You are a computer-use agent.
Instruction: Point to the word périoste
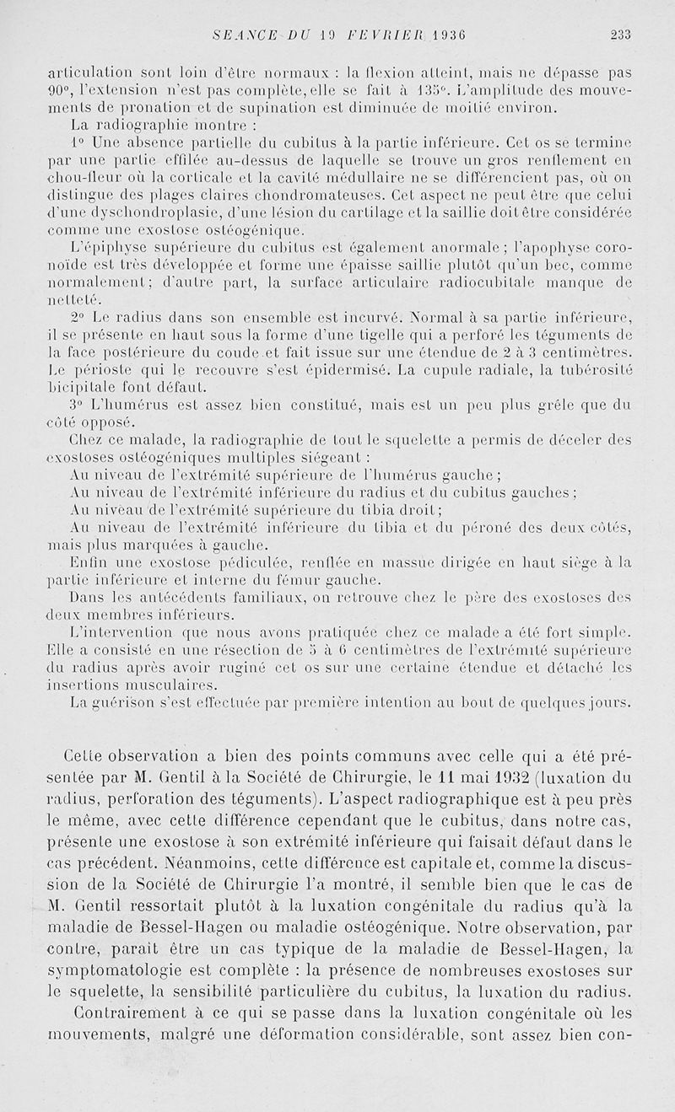tap(94, 370)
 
